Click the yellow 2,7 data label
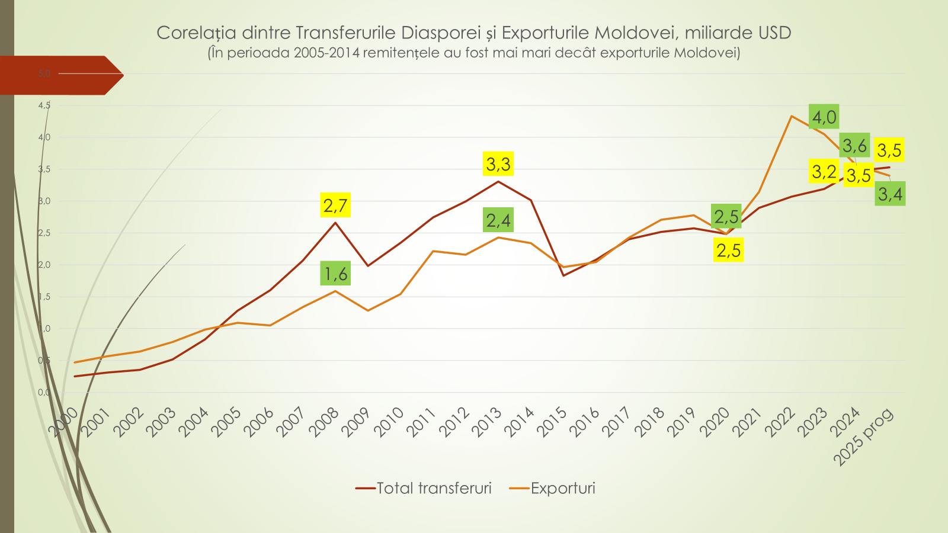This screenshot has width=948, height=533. click(335, 206)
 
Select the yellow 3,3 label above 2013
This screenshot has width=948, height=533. click(498, 164)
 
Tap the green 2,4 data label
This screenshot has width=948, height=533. click(498, 220)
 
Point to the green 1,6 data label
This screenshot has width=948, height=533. click(335, 274)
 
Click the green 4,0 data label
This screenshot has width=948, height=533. click(824, 117)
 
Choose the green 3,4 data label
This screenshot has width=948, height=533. click(890, 194)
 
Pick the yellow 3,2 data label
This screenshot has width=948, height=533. click(824, 172)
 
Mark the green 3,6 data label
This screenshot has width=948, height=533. click(854, 145)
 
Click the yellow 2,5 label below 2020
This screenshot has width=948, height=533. click(728, 250)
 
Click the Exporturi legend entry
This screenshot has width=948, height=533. click(562, 488)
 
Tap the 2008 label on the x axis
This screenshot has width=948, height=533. click(324, 422)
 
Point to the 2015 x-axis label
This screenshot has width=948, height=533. click(552, 422)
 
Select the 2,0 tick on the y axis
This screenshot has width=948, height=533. click(44, 265)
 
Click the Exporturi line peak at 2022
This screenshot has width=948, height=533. click(792, 116)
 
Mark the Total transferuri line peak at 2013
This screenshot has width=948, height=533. click(498, 181)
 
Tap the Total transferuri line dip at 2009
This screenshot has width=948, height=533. click(368, 265)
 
